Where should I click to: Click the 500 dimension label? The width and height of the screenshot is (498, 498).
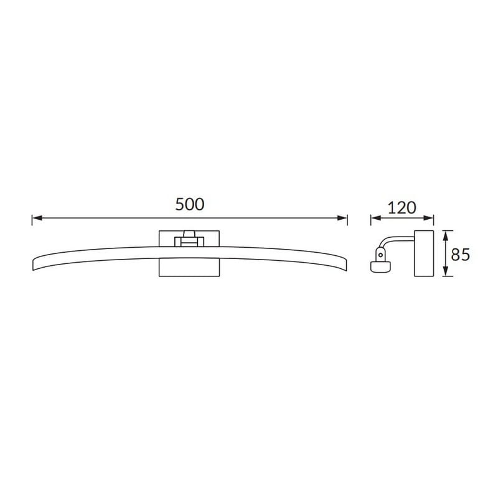tap(190, 204)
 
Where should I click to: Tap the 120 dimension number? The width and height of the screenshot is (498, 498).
tap(402, 208)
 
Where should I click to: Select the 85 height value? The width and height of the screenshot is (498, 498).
tap(460, 255)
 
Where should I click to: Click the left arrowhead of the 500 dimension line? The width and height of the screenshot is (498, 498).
tap(37, 218)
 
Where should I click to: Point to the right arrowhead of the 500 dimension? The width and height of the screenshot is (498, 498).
tap(342, 218)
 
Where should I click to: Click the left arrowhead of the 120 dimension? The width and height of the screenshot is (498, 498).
tap(376, 218)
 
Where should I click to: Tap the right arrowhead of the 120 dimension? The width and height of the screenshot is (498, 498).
tap(428, 218)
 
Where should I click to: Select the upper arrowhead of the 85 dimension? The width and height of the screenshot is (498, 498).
tap(446, 236)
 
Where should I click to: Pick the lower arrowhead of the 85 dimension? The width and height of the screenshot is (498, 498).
tap(446, 271)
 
